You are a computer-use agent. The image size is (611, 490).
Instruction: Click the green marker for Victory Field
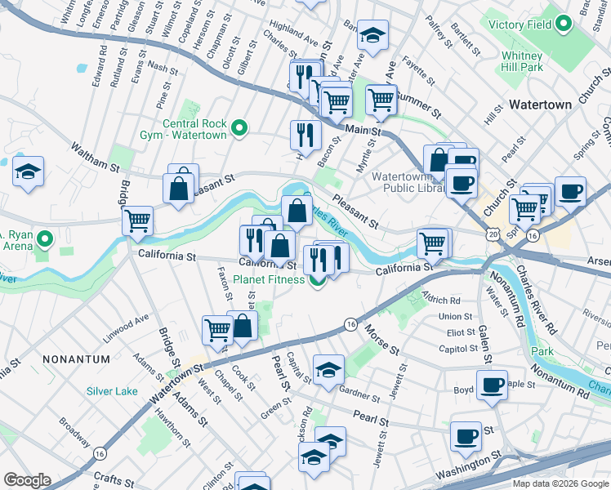point(564,25)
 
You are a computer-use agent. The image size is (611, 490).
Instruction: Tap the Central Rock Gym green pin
point(239,128)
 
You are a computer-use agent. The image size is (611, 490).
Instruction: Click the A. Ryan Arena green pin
point(45,240)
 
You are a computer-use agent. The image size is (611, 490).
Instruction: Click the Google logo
point(27,480)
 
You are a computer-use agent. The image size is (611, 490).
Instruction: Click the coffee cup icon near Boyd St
point(492,385)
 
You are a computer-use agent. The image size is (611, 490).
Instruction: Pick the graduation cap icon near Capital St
point(328,369)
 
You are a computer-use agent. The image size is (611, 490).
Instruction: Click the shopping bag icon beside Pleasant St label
point(180,187)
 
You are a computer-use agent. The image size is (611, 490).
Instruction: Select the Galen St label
point(484,344)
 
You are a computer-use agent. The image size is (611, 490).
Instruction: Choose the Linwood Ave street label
point(125,323)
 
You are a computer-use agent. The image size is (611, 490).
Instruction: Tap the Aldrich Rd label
point(443,301)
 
